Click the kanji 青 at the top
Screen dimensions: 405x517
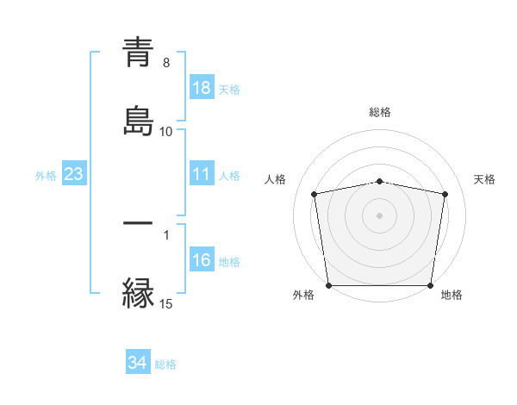pyautogui.click(x=138, y=53)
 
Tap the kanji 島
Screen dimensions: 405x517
pyautogui.click(x=138, y=121)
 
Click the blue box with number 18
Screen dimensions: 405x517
pyautogui.click(x=202, y=87)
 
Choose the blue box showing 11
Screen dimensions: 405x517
pyautogui.click(x=202, y=175)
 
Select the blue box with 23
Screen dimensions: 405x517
pyautogui.click(x=73, y=175)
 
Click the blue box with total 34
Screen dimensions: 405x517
pyautogui.click(x=138, y=363)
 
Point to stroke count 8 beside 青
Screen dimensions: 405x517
pyautogui.click(x=166, y=62)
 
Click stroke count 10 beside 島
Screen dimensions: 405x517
pyautogui.click(x=166, y=131)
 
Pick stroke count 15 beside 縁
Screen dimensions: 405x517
pyautogui.click(x=166, y=303)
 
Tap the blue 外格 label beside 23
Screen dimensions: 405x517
pyautogui.click(x=46, y=176)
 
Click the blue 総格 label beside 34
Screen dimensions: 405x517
pyautogui.click(x=165, y=364)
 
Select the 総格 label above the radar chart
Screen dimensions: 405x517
pyautogui.click(x=380, y=112)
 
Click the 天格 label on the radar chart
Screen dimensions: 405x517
pyautogui.click(x=484, y=179)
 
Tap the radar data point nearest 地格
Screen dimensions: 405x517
pyautogui.click(x=431, y=285)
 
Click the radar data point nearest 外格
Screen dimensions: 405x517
pyautogui.click(x=328, y=285)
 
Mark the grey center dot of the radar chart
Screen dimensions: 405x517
pyautogui.click(x=380, y=215)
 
